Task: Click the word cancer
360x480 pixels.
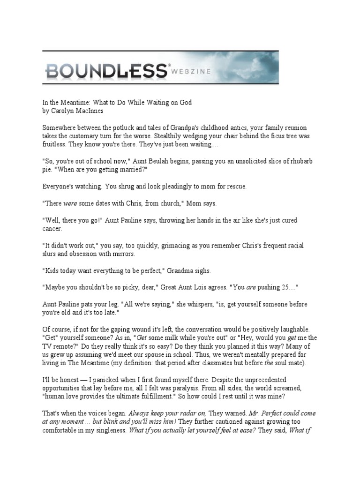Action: point(52,229)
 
